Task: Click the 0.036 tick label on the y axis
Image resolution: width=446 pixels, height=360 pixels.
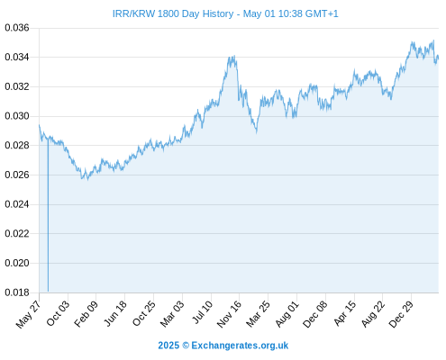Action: coord(17,28)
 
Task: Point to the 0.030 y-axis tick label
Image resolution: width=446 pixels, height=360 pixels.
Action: coord(17,116)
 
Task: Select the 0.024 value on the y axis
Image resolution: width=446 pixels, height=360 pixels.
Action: coord(17,204)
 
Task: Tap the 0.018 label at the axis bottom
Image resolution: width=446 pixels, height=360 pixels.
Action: coord(17,292)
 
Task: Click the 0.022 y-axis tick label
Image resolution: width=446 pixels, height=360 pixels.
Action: coord(17,233)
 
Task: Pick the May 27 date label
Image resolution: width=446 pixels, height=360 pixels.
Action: coord(28,315)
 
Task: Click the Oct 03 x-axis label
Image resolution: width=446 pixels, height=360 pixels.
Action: coord(58,313)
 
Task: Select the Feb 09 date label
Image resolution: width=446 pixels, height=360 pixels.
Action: coord(86,314)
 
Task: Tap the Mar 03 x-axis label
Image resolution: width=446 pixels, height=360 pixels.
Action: coord(172,314)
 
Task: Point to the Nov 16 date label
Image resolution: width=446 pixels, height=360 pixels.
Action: coord(229,314)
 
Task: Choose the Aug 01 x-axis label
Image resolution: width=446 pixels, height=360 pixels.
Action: coord(287,314)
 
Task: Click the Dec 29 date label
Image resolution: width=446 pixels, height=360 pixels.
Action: coord(401,314)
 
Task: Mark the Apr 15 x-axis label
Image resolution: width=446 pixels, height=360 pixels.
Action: coord(345,313)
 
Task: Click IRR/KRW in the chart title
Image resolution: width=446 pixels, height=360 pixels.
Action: coord(133,13)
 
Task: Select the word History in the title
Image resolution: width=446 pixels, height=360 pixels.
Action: coord(218,13)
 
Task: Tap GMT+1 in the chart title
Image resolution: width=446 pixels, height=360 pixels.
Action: coord(322,13)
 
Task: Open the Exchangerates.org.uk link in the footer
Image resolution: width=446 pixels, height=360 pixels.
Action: coord(240,346)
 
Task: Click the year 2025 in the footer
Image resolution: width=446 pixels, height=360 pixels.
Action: coord(168,346)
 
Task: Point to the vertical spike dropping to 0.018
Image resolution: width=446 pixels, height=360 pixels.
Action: coord(48,215)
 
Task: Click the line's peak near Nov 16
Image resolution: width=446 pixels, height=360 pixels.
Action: coord(233,56)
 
